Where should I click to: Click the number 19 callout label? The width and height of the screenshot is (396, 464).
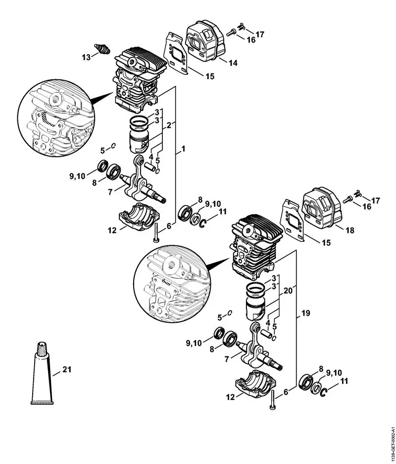coord(305,313)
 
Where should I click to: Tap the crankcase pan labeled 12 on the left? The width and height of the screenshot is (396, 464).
coord(139,219)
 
